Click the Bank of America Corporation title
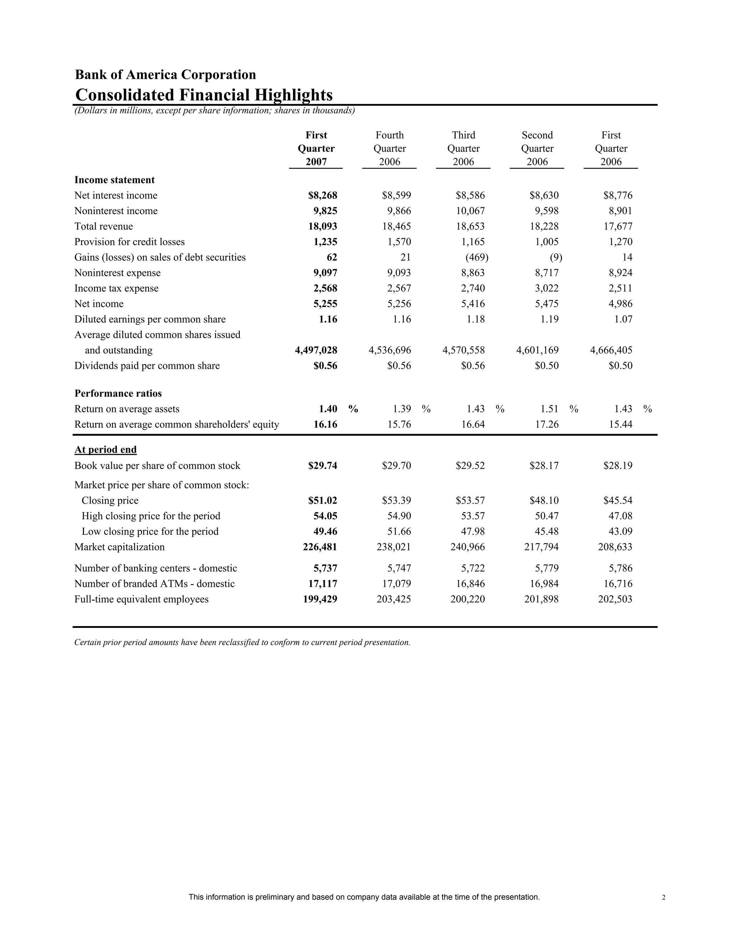(165, 75)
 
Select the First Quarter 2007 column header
(316, 149)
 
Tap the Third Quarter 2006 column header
(463, 149)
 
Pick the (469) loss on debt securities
(477, 257)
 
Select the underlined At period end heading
(105, 449)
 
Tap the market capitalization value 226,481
(320, 547)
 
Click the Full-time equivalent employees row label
(141, 599)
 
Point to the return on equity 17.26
(547, 424)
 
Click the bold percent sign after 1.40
(353, 409)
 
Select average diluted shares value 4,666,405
(611, 350)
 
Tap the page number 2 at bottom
(664, 897)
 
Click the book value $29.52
(470, 466)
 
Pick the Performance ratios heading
(118, 393)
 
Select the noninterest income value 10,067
(470, 211)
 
